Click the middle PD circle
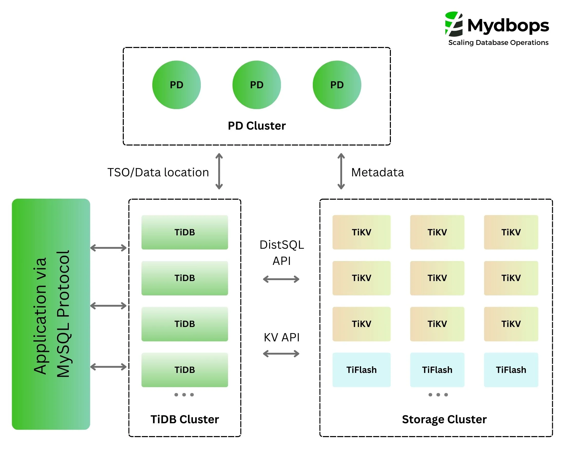click(256, 85)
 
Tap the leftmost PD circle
click(176, 85)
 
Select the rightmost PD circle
click(336, 85)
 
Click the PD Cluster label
click(256, 126)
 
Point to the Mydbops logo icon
click(454, 24)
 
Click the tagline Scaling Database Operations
click(498, 43)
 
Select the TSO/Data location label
click(158, 172)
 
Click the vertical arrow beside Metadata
click(341, 171)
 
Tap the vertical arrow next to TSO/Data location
click(219, 171)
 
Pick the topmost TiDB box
click(184, 232)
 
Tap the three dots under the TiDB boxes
click(184, 394)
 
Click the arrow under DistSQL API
click(281, 279)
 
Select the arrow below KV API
click(281, 353)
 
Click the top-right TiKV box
click(511, 232)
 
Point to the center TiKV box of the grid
click(437, 278)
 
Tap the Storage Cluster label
click(444, 419)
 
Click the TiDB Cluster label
click(184, 419)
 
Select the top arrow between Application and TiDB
click(108, 248)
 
